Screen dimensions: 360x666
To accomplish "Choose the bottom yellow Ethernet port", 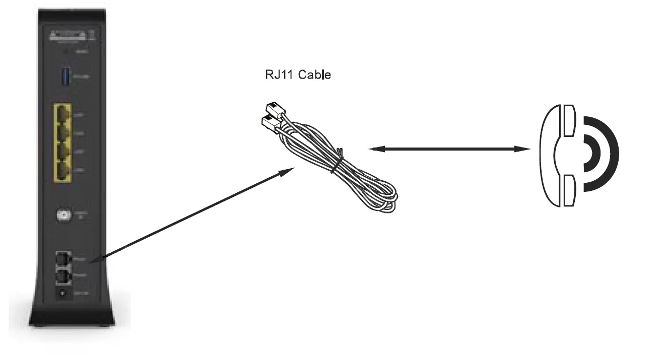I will (63, 172).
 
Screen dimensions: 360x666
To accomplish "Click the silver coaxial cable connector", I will (64, 215).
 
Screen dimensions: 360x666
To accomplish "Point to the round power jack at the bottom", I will (63, 293).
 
